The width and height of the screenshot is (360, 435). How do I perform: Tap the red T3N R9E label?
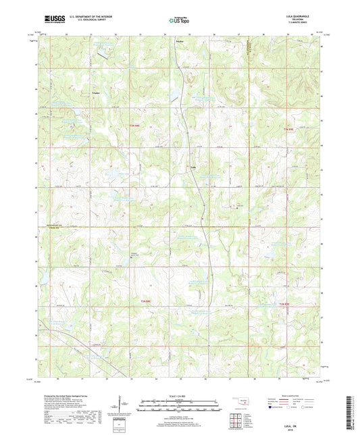click(289, 129)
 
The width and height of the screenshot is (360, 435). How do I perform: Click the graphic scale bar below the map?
click(180, 407)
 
